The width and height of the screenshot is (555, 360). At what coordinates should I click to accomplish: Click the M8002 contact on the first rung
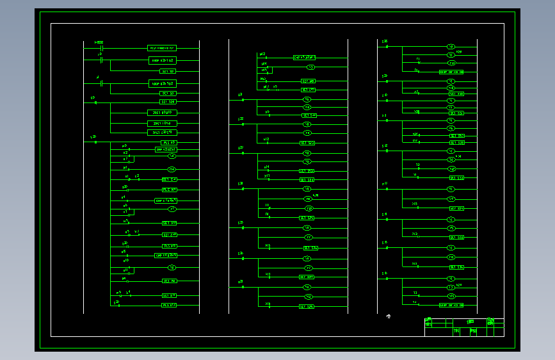[x=102, y=47]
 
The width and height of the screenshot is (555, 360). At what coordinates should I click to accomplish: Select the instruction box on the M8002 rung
[x=161, y=47]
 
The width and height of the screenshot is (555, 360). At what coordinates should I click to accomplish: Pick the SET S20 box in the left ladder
[x=168, y=102]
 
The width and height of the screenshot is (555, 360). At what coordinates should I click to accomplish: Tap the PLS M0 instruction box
[x=169, y=142]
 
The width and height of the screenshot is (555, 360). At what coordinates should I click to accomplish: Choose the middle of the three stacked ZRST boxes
[x=162, y=122]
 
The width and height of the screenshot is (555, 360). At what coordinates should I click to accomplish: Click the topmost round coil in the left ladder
[x=172, y=156]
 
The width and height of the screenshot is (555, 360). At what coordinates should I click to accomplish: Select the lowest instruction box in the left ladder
[x=168, y=306]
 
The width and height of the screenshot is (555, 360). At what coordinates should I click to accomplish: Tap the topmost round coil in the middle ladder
[x=311, y=67]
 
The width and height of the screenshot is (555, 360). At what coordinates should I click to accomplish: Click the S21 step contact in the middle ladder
[x=243, y=100]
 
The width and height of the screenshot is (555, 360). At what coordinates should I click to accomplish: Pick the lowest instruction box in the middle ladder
[x=307, y=307]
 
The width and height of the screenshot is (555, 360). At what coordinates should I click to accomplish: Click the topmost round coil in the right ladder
[x=451, y=47]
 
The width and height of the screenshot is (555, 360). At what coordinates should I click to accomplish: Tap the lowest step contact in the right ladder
[x=386, y=278]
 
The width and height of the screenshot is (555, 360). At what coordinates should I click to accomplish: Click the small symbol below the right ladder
[x=388, y=316]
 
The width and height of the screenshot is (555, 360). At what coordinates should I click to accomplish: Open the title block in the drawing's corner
[x=464, y=327]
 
